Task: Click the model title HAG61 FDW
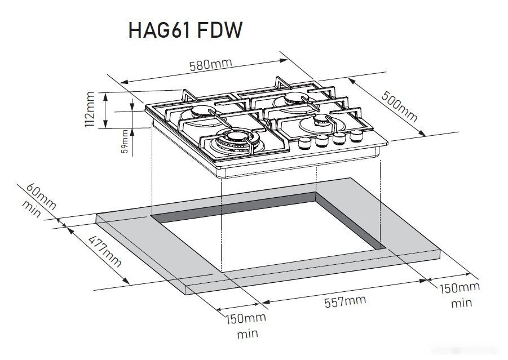click(185, 30)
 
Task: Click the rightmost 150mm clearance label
click(460, 288)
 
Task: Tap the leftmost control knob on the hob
click(304, 143)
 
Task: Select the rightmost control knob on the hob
click(356, 136)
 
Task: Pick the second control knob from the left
click(323, 141)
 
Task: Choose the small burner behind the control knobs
click(319, 122)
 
